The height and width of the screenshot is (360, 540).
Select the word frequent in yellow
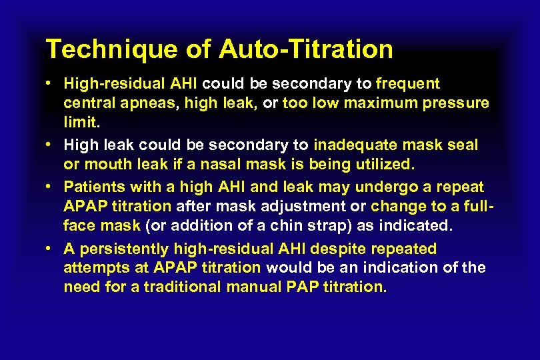click(x=408, y=84)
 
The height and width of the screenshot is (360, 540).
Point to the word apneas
click(x=141, y=103)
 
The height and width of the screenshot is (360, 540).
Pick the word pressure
click(x=459, y=103)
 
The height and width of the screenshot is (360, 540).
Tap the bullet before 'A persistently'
click(x=51, y=249)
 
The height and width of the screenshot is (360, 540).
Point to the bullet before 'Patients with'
click(x=51, y=187)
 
